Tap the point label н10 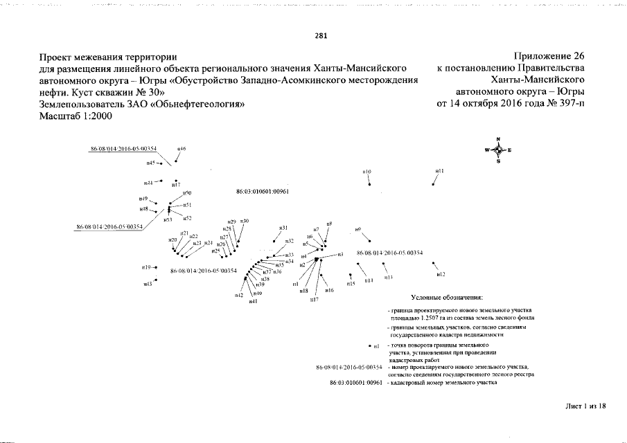point(367,172)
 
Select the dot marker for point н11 point(433,185)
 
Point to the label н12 point(441,275)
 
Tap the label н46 point(182,149)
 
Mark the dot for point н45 point(161,164)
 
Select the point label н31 point(283,228)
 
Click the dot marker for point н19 point(157,267)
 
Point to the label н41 point(253,302)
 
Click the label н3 point(340,255)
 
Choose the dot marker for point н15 point(351,275)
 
